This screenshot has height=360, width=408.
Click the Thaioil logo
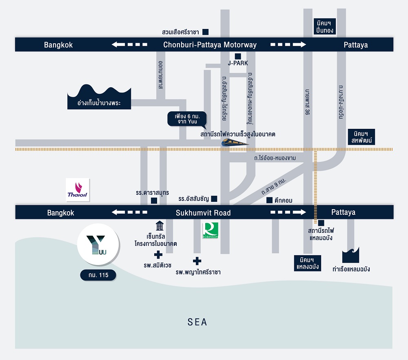(x=78, y=190)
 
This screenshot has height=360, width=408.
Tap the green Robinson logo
(x=211, y=230)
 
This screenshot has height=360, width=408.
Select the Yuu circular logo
(x=98, y=244)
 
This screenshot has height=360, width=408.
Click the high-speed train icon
(x=235, y=142)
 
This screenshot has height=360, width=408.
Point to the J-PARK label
(x=238, y=63)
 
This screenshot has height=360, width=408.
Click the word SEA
(x=197, y=322)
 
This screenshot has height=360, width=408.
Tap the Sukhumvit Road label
(x=203, y=213)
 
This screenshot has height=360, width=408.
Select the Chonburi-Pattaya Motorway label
(x=210, y=45)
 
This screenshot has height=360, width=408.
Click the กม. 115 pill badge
(x=98, y=275)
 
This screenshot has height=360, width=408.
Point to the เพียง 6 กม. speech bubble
(x=187, y=119)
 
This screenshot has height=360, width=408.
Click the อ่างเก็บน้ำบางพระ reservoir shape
(x=99, y=97)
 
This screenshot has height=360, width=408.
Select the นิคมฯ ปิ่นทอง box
(x=324, y=27)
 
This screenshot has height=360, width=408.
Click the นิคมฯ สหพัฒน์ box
(x=361, y=137)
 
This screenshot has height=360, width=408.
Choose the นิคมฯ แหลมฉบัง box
(x=308, y=263)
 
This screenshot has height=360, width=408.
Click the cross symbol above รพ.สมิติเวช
(x=158, y=255)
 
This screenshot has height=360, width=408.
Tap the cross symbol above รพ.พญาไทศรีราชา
(x=197, y=261)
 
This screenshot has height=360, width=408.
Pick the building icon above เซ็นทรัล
(x=160, y=225)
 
